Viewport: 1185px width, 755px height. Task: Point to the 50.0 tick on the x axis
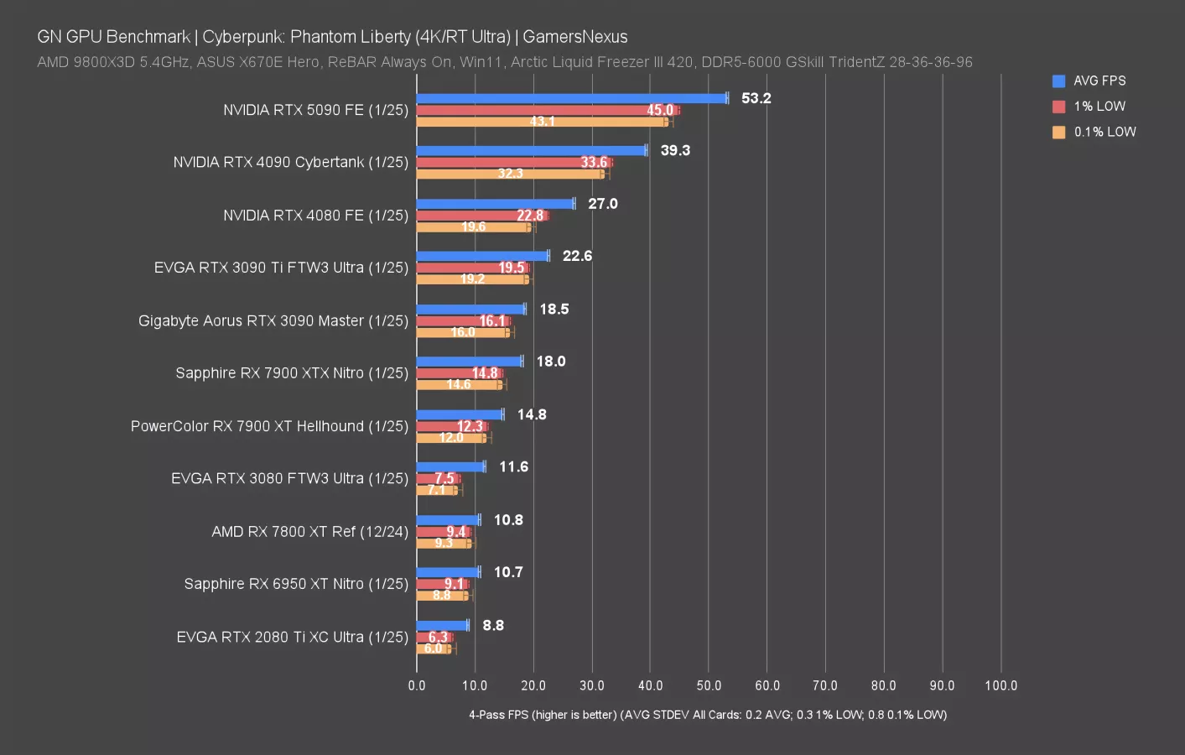click(x=709, y=685)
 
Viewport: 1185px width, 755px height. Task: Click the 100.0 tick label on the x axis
click(x=1000, y=685)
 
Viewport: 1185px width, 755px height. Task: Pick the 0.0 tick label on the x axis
click(x=417, y=685)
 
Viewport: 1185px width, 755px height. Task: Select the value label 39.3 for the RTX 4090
click(x=675, y=150)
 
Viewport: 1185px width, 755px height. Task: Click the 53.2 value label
click(x=756, y=98)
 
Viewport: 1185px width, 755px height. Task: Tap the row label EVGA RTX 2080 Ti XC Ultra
click(x=292, y=637)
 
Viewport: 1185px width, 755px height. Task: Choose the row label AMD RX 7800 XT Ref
click(x=309, y=531)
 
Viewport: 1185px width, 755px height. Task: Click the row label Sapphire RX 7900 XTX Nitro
click(x=292, y=372)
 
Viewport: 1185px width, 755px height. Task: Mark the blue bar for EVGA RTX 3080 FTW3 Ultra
click(x=450, y=466)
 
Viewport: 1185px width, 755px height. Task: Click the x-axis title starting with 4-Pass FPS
click(x=707, y=715)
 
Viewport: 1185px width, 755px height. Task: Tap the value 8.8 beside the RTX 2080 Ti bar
click(x=493, y=625)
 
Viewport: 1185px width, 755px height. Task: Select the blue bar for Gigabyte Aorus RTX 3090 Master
click(x=470, y=309)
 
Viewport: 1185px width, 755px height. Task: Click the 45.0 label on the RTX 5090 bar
click(x=660, y=110)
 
